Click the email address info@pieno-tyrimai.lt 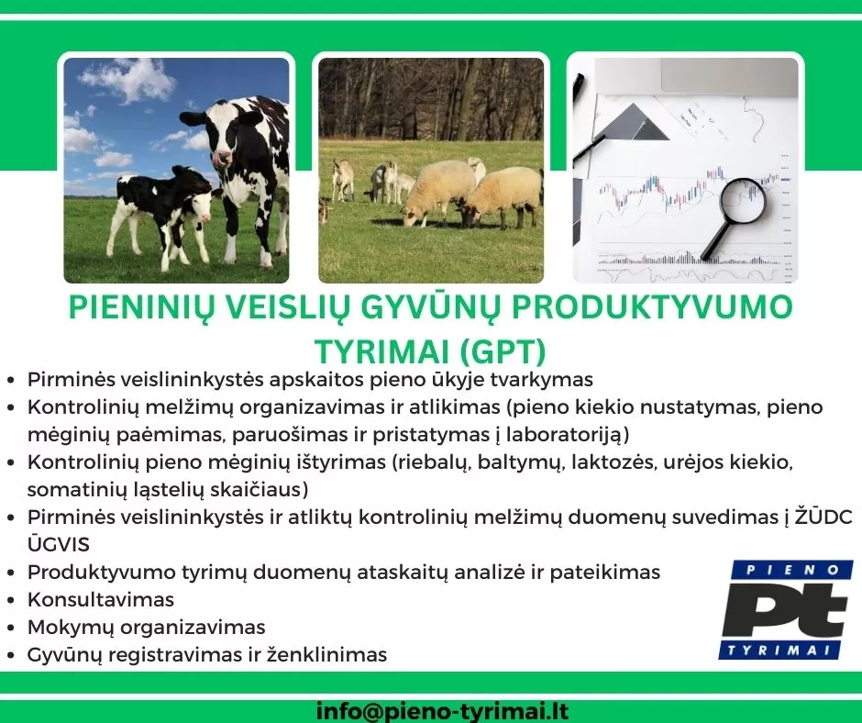[442, 711]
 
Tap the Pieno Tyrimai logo [786, 609]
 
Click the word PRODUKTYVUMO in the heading [652, 307]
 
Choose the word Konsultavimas [101, 599]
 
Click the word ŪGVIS [59, 544]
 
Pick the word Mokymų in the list [71, 628]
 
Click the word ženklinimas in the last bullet [326, 654]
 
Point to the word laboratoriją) [568, 435]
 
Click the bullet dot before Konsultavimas [10, 600]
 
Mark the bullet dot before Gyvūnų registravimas [10, 655]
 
